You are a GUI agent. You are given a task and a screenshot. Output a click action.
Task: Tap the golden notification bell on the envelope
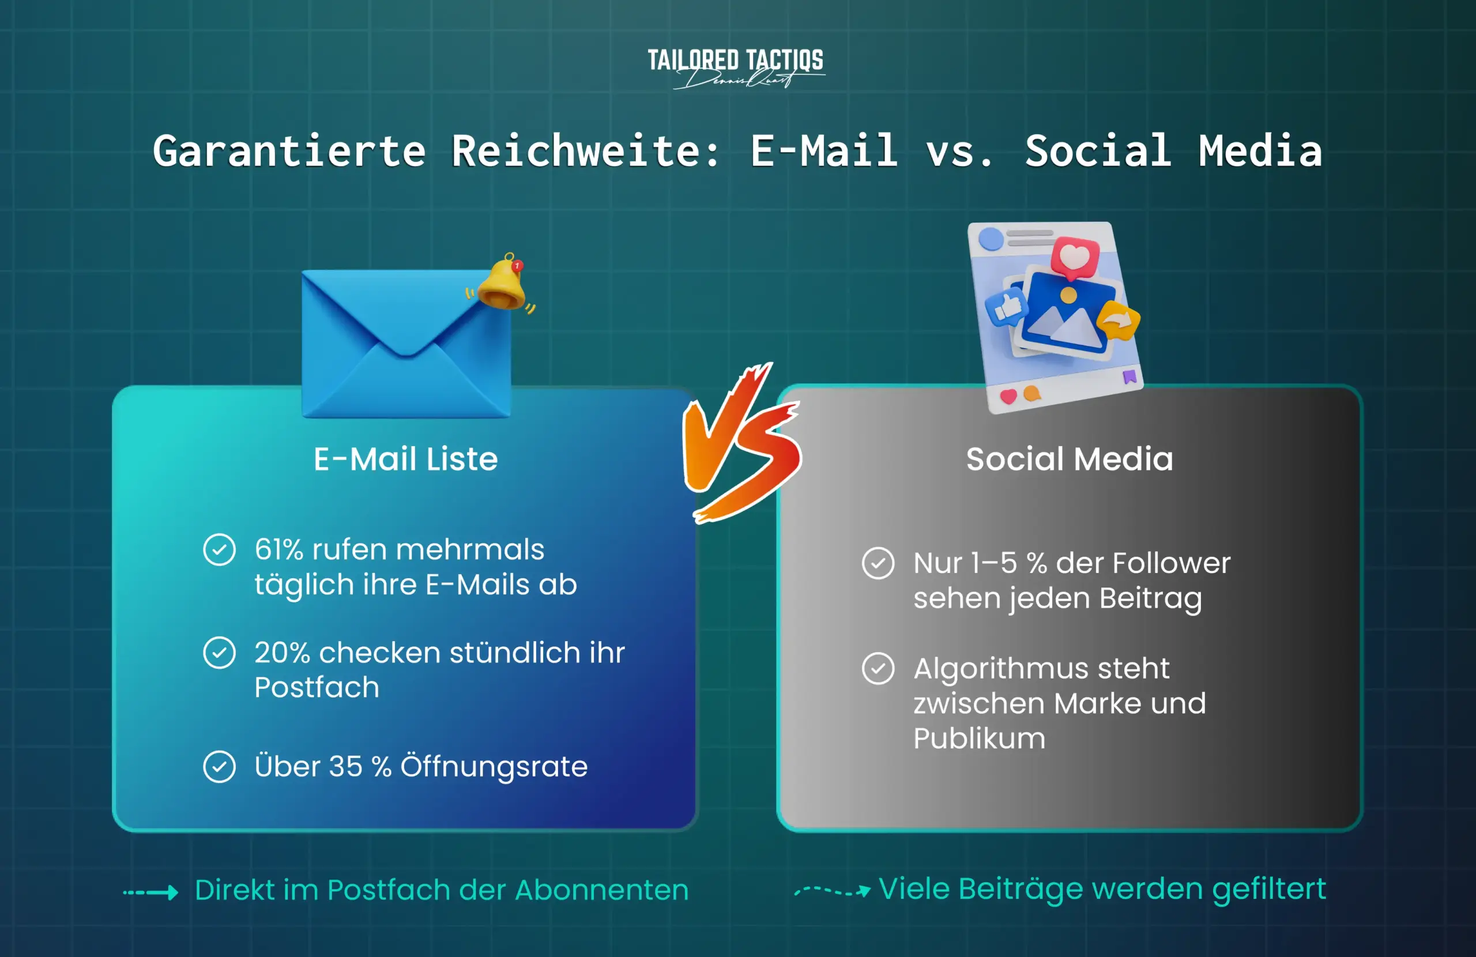501,284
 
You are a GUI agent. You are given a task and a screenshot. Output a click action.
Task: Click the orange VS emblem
741,443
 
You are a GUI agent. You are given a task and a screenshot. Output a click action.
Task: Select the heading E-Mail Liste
405,459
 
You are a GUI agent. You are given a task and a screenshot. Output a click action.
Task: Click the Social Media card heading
1069,459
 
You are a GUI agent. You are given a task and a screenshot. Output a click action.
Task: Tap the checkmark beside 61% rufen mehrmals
220,549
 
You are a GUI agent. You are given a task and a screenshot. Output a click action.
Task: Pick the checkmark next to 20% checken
220,653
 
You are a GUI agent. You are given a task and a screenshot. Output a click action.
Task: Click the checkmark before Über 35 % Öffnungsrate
220,767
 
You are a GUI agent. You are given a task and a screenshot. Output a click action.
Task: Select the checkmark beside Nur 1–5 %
878,563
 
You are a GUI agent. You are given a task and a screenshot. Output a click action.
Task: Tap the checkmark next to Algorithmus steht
878,669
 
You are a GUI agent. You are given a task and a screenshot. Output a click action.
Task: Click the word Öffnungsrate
494,767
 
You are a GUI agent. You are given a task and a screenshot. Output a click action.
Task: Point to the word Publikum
979,739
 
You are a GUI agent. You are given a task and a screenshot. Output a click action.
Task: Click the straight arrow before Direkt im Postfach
150,892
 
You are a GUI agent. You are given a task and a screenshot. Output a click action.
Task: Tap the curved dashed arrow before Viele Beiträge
832,891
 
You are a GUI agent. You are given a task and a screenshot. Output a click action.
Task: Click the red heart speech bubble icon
1075,257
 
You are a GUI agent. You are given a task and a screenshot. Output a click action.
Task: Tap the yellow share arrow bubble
1118,321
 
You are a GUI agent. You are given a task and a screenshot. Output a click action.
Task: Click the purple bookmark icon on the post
1129,376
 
